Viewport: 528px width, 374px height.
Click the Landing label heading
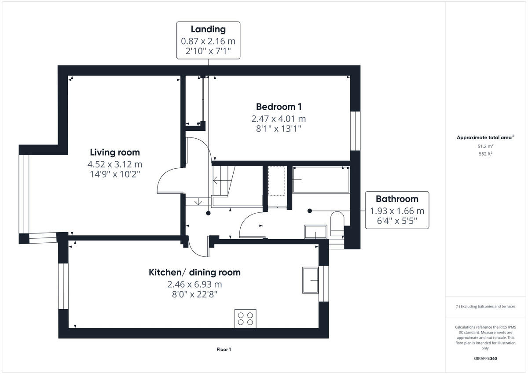point(208,30)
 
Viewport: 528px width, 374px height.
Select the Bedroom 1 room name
point(279,107)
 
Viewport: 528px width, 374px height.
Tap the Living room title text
point(115,152)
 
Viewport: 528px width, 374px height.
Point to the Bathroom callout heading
point(396,199)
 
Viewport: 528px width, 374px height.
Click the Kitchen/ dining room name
point(194,272)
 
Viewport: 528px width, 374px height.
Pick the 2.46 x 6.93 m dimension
point(194,284)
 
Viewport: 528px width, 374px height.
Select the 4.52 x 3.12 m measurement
point(115,164)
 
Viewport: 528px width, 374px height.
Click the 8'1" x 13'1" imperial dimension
point(279,129)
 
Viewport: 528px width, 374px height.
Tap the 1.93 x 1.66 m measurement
point(397,211)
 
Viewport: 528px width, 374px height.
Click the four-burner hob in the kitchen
point(246,318)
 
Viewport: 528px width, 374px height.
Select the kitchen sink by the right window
point(311,280)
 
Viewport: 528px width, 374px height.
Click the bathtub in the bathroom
point(321,180)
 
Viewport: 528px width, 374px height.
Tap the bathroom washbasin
point(315,232)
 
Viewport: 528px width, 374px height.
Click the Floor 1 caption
point(224,349)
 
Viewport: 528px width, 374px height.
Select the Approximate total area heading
point(484,137)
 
